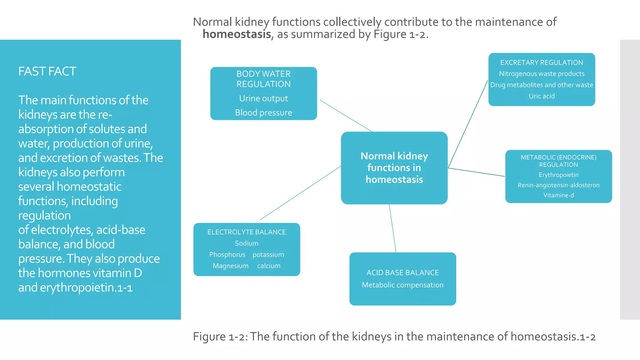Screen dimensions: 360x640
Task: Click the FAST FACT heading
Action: pyautogui.click(x=47, y=72)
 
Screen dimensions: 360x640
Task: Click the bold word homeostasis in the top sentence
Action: pyautogui.click(x=237, y=34)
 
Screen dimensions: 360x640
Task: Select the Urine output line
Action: pyautogui.click(x=263, y=98)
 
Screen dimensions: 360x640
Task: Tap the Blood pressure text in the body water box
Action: pyautogui.click(x=263, y=112)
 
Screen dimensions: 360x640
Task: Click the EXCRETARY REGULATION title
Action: pyautogui.click(x=542, y=62)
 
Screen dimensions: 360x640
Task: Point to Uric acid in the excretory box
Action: pyautogui.click(x=542, y=96)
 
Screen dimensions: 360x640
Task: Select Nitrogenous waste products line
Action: pyautogui.click(x=542, y=74)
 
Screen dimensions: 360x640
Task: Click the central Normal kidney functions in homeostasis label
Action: pyautogui.click(x=394, y=168)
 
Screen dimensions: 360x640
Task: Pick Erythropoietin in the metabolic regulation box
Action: pyautogui.click(x=558, y=175)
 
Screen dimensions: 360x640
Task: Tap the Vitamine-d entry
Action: pyautogui.click(x=558, y=195)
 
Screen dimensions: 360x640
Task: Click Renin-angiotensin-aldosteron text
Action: pyautogui.click(x=558, y=185)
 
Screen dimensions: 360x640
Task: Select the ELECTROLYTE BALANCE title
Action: pyautogui.click(x=247, y=232)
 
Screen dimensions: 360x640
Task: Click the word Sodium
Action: pyautogui.click(x=247, y=243)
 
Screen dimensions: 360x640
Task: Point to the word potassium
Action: pyautogui.click(x=268, y=255)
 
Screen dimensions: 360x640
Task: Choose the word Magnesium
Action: pyautogui.click(x=231, y=266)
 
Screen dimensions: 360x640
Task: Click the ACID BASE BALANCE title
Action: pyautogui.click(x=402, y=273)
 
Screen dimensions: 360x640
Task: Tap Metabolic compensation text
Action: pyautogui.click(x=402, y=285)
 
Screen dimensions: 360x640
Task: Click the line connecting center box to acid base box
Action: pyautogui.click(x=392, y=228)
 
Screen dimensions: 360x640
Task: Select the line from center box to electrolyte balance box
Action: pyautogui.click(x=300, y=193)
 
